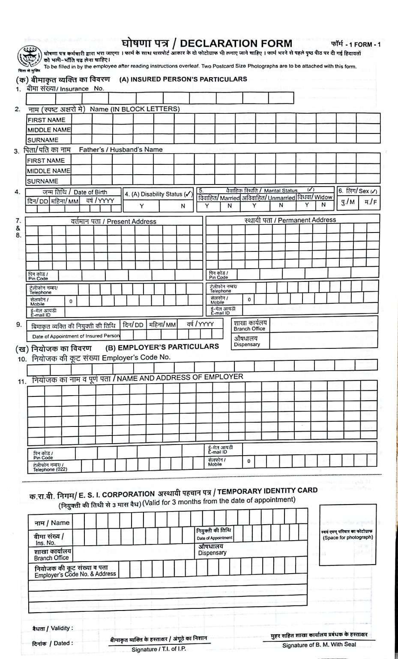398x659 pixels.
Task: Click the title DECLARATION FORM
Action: pyautogui.click(x=236, y=43)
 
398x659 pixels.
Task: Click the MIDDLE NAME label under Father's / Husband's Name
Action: pyautogui.click(x=48, y=171)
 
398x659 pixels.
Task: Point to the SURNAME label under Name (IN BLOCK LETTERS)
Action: pyautogui.click(x=43, y=140)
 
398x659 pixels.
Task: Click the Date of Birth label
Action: pyautogui.click(x=90, y=192)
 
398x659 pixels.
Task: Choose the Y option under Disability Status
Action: pyautogui.click(x=142, y=206)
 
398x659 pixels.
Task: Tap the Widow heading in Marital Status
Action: pyautogui.click(x=323, y=197)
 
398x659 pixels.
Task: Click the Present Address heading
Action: pyautogui.click(x=131, y=221)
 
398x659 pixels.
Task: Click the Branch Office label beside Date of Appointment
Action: pyautogui.click(x=249, y=329)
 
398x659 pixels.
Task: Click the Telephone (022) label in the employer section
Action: pyautogui.click(x=50, y=469)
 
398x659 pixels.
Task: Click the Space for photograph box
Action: pyautogui.click(x=347, y=535)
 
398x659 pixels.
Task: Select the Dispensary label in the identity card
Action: pyautogui.click(x=212, y=553)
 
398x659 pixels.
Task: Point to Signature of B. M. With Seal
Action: pyautogui.click(x=319, y=645)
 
